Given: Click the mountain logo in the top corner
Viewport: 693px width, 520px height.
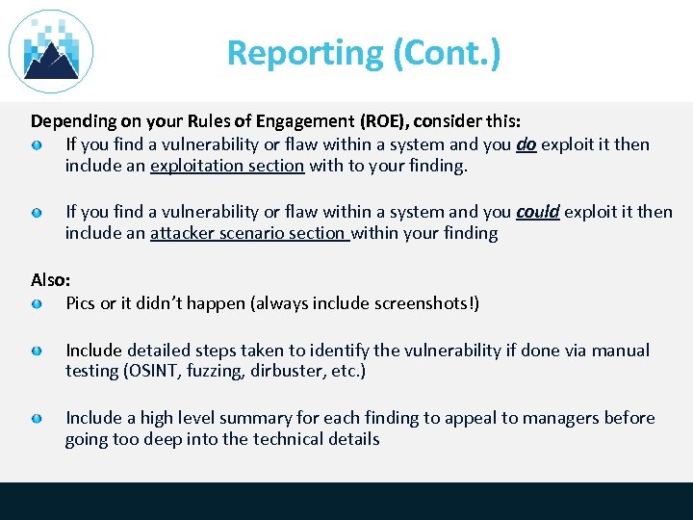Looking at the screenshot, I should pos(51,51).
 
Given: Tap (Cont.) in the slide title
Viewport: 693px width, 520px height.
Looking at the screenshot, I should pos(447,53).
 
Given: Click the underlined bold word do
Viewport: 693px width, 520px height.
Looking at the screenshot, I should pos(526,144).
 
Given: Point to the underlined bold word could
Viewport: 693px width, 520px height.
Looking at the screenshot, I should pos(538,212).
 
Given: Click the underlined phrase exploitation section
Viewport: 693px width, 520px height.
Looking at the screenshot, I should pos(227,166).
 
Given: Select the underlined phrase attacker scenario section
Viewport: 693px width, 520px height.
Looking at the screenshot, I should pos(248,233).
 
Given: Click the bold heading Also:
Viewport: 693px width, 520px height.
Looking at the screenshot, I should pos(51,280).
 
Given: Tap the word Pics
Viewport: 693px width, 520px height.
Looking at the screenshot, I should pos(81,303).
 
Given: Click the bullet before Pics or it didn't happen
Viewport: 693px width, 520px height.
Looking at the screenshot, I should pos(36,304).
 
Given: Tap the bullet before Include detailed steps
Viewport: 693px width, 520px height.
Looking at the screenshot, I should pos(36,351).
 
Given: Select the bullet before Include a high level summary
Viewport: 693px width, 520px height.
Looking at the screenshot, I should pos(36,419).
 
